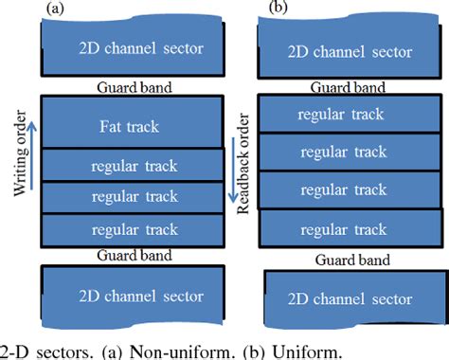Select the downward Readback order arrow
[232, 171]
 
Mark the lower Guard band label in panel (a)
[133, 255]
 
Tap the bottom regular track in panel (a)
[133, 228]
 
